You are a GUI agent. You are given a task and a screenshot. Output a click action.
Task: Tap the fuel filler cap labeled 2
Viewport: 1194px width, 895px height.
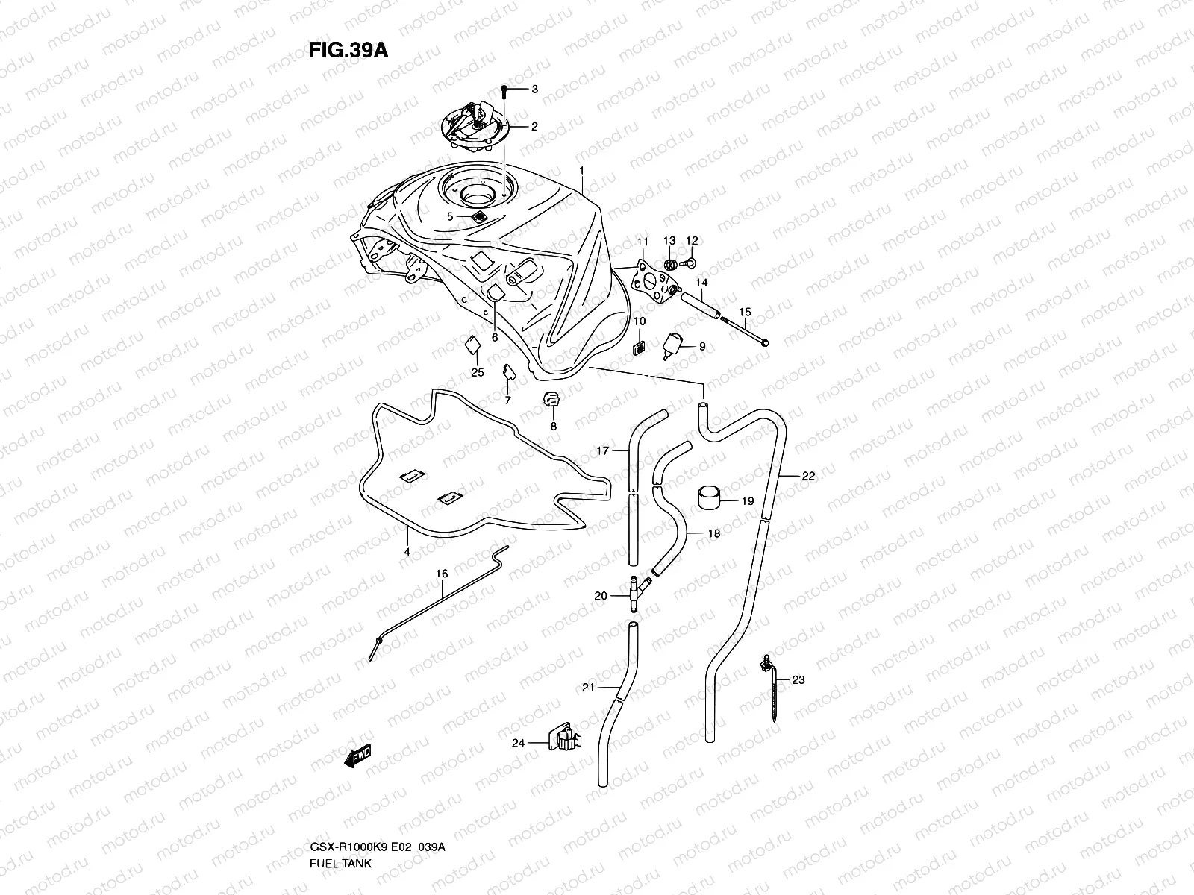478,127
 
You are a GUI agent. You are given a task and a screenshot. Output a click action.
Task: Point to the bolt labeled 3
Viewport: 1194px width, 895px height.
504,90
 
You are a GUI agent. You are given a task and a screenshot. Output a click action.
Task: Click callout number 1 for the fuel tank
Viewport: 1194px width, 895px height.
581,171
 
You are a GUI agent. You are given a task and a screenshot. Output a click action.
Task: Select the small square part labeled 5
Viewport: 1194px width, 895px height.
478,216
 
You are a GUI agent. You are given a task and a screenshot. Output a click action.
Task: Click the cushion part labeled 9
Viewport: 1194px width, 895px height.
674,345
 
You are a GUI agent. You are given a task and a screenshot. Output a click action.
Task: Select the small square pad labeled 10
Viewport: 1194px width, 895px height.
639,348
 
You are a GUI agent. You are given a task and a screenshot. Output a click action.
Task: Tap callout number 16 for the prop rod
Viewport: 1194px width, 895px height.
442,574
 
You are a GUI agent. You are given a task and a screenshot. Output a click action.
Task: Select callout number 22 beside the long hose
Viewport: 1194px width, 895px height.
809,476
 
